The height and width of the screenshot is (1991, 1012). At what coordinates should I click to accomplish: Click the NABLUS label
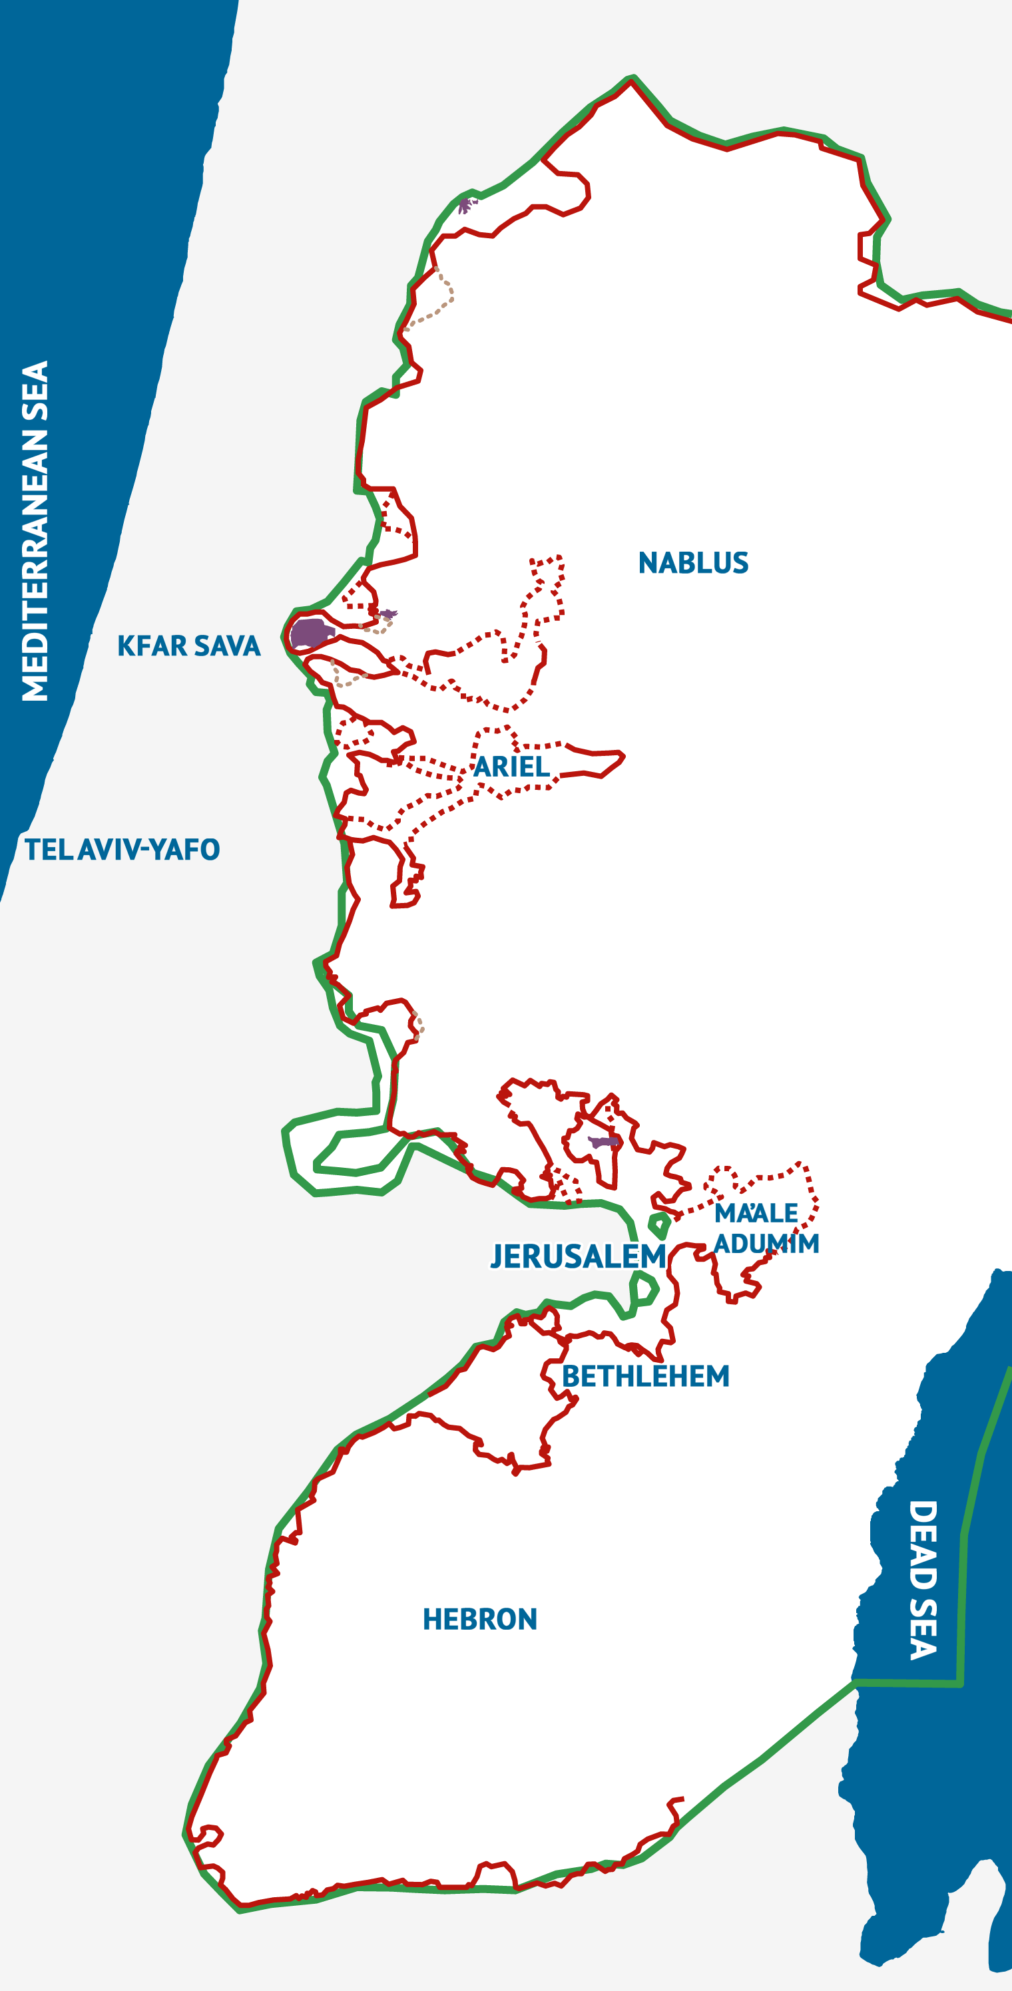(692, 563)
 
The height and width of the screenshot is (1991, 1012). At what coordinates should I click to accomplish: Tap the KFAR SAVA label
(188, 645)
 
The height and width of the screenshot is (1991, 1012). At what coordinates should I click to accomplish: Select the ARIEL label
(511, 767)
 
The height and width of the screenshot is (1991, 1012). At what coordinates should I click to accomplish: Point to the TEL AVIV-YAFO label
(122, 849)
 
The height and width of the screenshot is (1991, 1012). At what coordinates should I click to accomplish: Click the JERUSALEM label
(577, 1256)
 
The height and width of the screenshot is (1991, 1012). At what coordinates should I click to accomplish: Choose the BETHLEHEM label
(644, 1375)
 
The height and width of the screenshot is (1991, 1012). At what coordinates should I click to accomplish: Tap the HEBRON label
(479, 1618)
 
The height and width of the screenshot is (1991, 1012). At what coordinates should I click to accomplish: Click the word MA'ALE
(755, 1214)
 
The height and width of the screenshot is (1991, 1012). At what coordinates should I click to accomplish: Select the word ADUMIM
(766, 1244)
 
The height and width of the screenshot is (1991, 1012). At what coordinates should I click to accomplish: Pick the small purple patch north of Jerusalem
(603, 1142)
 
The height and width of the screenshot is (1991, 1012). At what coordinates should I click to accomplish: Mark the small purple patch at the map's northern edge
(465, 206)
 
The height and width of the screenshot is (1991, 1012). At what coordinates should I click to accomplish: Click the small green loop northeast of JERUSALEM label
(659, 1226)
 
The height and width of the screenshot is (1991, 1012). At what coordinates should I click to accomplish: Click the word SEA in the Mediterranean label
(35, 392)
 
